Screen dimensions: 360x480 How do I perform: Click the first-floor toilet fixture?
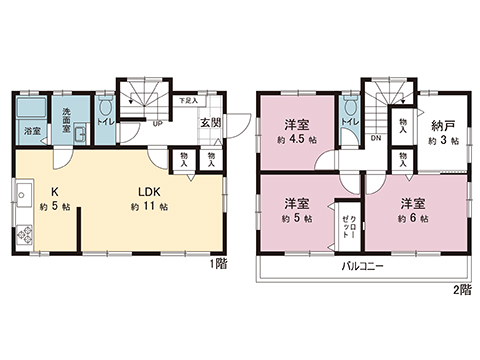coord(106,109)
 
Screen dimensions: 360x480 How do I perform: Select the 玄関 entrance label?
coord(210,123)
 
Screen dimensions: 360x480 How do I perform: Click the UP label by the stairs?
coord(157,124)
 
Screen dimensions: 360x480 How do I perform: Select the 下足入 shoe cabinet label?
coord(186,101)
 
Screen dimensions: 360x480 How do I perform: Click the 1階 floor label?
coord(217,264)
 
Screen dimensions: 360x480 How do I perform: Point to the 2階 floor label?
coord(461,289)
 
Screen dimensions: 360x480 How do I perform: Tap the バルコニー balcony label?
coord(362,268)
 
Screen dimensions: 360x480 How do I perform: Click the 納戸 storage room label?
coord(443,126)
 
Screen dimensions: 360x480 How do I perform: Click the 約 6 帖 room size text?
coord(412,217)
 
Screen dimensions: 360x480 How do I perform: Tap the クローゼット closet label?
coord(343,231)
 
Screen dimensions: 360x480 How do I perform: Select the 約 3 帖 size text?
coord(443,142)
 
